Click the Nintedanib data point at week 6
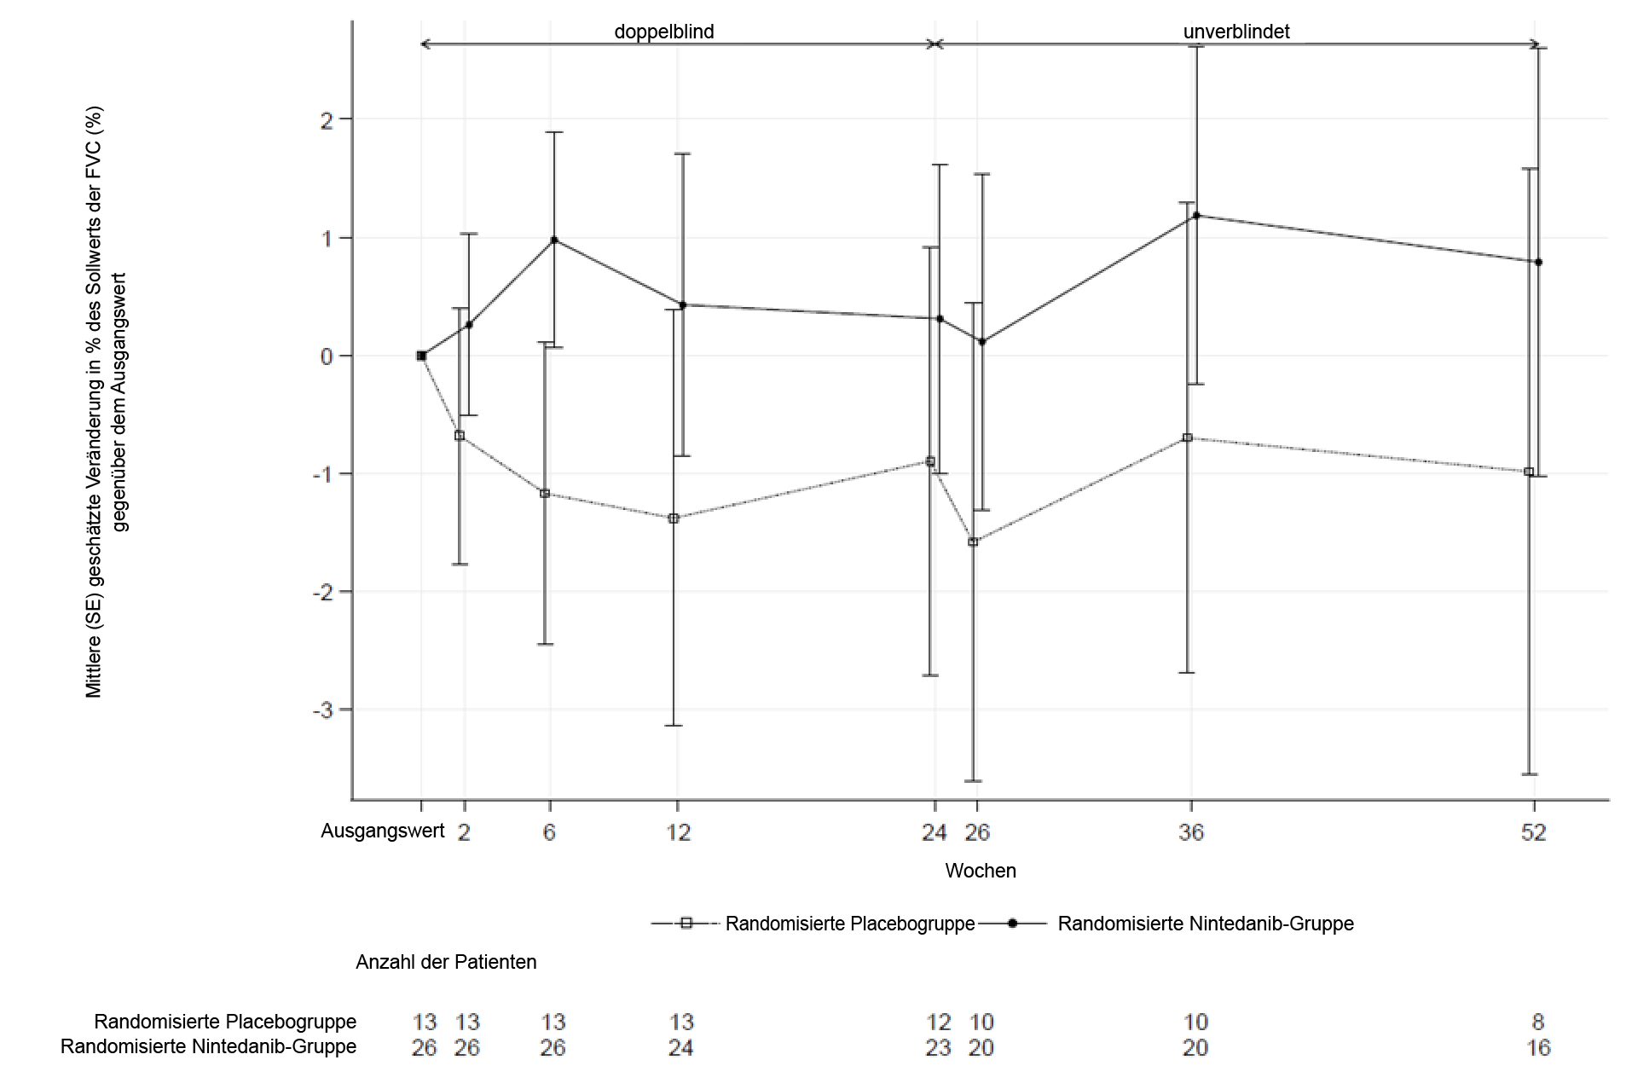554,240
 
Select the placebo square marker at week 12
674,518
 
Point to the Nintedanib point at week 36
1196,215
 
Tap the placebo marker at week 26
973,542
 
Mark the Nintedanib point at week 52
1538,262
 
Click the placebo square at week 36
1187,437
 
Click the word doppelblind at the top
664,32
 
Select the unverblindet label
1235,32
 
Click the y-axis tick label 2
327,119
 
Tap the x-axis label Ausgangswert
382,831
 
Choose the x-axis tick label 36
1191,832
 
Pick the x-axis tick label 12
678,832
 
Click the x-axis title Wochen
981,871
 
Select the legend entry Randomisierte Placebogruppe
849,924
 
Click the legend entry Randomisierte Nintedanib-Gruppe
1205,924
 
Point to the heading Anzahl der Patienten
446,962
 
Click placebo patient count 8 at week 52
1538,1022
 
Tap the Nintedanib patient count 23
938,1047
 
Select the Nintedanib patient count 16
1538,1047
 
